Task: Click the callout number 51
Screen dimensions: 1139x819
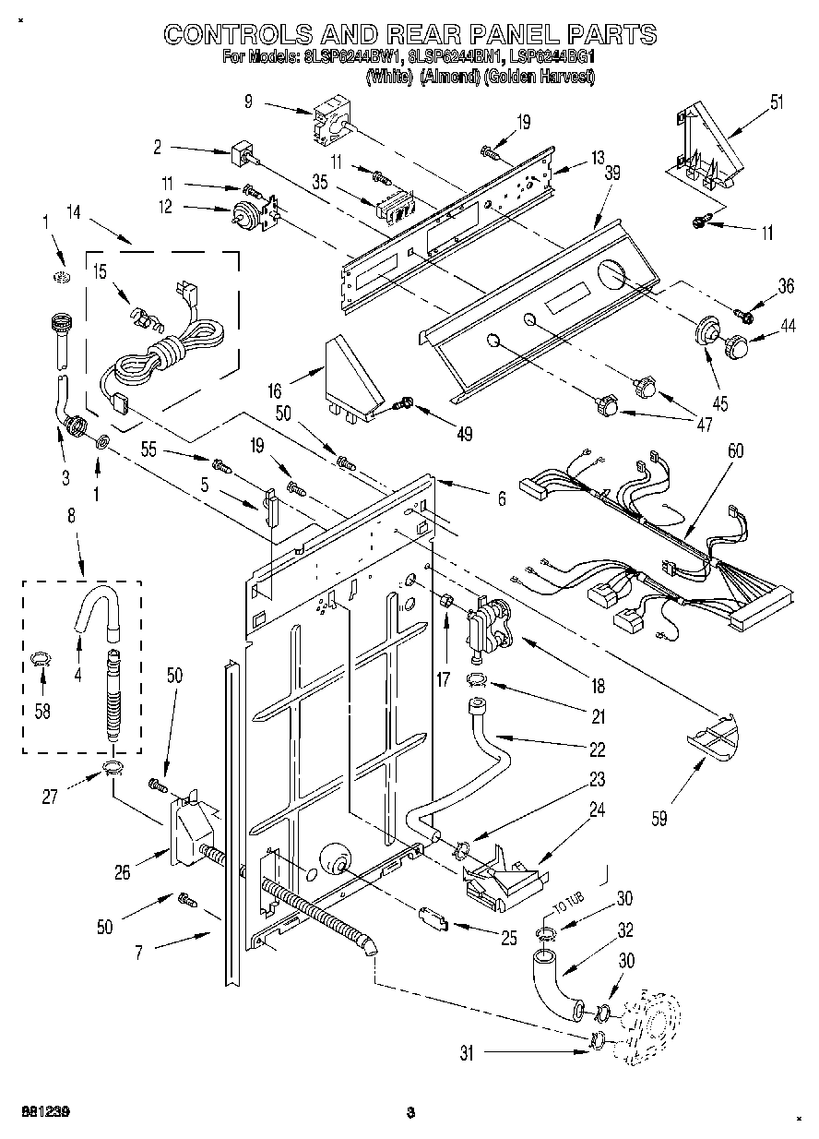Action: [777, 101]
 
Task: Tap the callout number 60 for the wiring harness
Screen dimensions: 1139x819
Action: [734, 452]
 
